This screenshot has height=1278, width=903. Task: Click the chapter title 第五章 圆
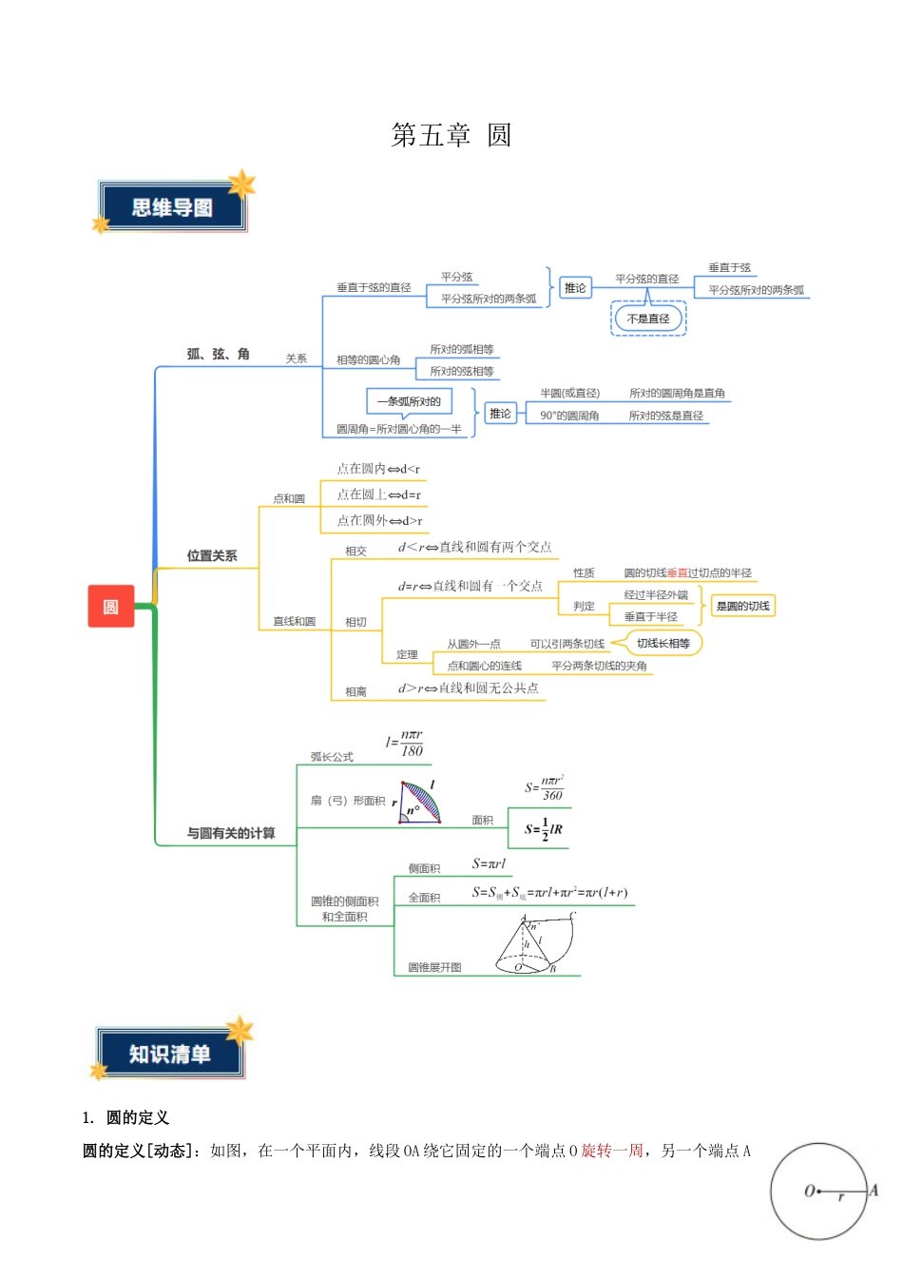[x=451, y=135]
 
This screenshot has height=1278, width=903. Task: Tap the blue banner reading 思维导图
[x=172, y=207]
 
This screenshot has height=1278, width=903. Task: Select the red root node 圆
[x=111, y=607]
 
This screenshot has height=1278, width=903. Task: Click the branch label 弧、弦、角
[x=218, y=354]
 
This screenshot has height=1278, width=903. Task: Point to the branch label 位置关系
[x=212, y=555]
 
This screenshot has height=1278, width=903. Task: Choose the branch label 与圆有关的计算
[x=231, y=833]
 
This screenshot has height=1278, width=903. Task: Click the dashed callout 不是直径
[x=648, y=319]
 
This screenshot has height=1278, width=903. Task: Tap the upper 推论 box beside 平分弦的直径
[x=575, y=287]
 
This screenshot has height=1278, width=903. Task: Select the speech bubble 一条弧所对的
[x=409, y=401]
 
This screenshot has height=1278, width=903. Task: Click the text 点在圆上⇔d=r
[x=378, y=494]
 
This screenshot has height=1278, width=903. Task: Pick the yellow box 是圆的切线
[x=742, y=606]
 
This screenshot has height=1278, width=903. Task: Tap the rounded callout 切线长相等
[x=663, y=643]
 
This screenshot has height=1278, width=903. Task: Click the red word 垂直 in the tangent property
[x=677, y=572]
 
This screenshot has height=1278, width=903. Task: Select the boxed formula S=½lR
[x=543, y=829]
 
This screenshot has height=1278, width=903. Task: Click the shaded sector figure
[x=419, y=803]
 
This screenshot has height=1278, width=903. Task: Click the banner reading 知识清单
[x=170, y=1054]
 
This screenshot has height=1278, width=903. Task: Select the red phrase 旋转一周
[x=612, y=1151]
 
